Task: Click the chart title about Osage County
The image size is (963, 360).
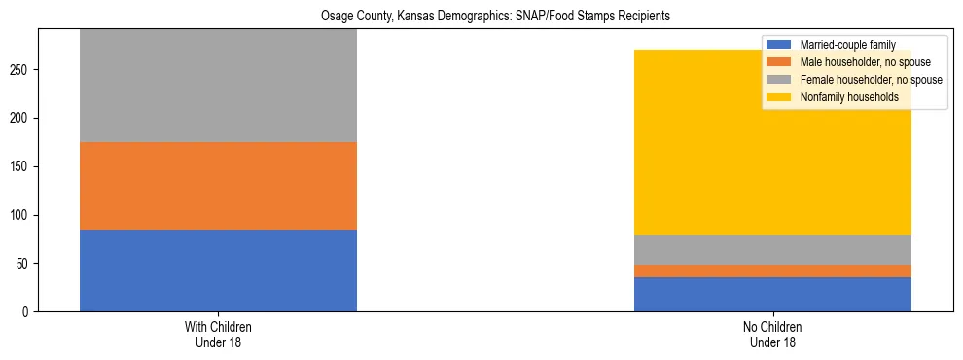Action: pos(481,17)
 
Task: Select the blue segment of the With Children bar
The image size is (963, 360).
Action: pos(218,270)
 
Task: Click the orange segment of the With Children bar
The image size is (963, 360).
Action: pos(218,186)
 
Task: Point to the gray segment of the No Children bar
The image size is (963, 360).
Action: pos(772,250)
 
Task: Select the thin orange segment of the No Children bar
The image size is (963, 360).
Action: pos(772,270)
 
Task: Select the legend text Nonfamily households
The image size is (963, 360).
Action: pos(844,97)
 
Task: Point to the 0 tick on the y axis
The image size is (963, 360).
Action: pos(27,311)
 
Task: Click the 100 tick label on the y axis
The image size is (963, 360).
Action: pos(21,215)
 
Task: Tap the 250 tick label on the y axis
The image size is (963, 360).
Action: pos(21,70)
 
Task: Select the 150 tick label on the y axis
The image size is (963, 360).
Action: pos(21,166)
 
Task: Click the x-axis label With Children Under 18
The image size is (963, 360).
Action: pos(218,334)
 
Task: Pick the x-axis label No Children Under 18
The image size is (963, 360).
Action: pos(772,334)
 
